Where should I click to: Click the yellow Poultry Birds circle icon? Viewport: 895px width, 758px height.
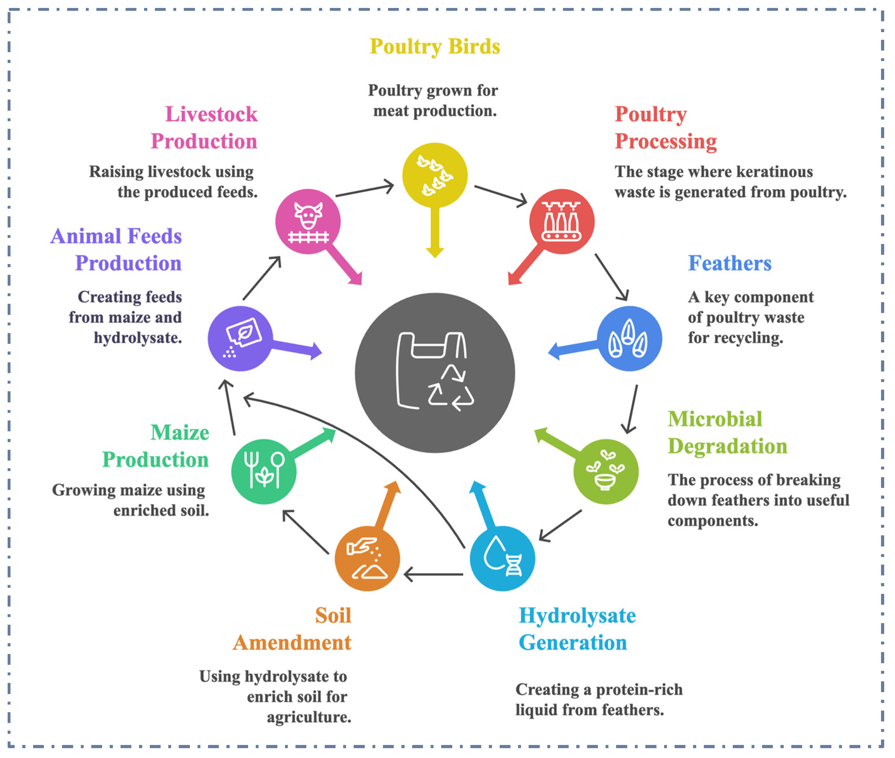pos(434,175)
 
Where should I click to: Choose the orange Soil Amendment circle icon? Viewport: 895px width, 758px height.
pos(367,558)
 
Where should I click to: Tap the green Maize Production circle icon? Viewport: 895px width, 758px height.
pos(263,471)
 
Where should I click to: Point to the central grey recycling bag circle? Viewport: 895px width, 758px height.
pos(434,372)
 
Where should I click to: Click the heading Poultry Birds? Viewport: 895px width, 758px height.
pos(434,46)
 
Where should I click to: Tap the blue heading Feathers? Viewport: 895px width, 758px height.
pos(729,263)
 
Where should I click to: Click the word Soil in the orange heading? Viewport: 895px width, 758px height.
pos(333,615)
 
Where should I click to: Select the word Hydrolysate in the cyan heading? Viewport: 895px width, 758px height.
pos(577,615)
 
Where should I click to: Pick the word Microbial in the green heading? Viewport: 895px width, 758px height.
pos(715,419)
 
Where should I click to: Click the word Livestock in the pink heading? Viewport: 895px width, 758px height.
pos(212,114)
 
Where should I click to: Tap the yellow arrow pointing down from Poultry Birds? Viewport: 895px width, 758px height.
pos(435,232)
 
